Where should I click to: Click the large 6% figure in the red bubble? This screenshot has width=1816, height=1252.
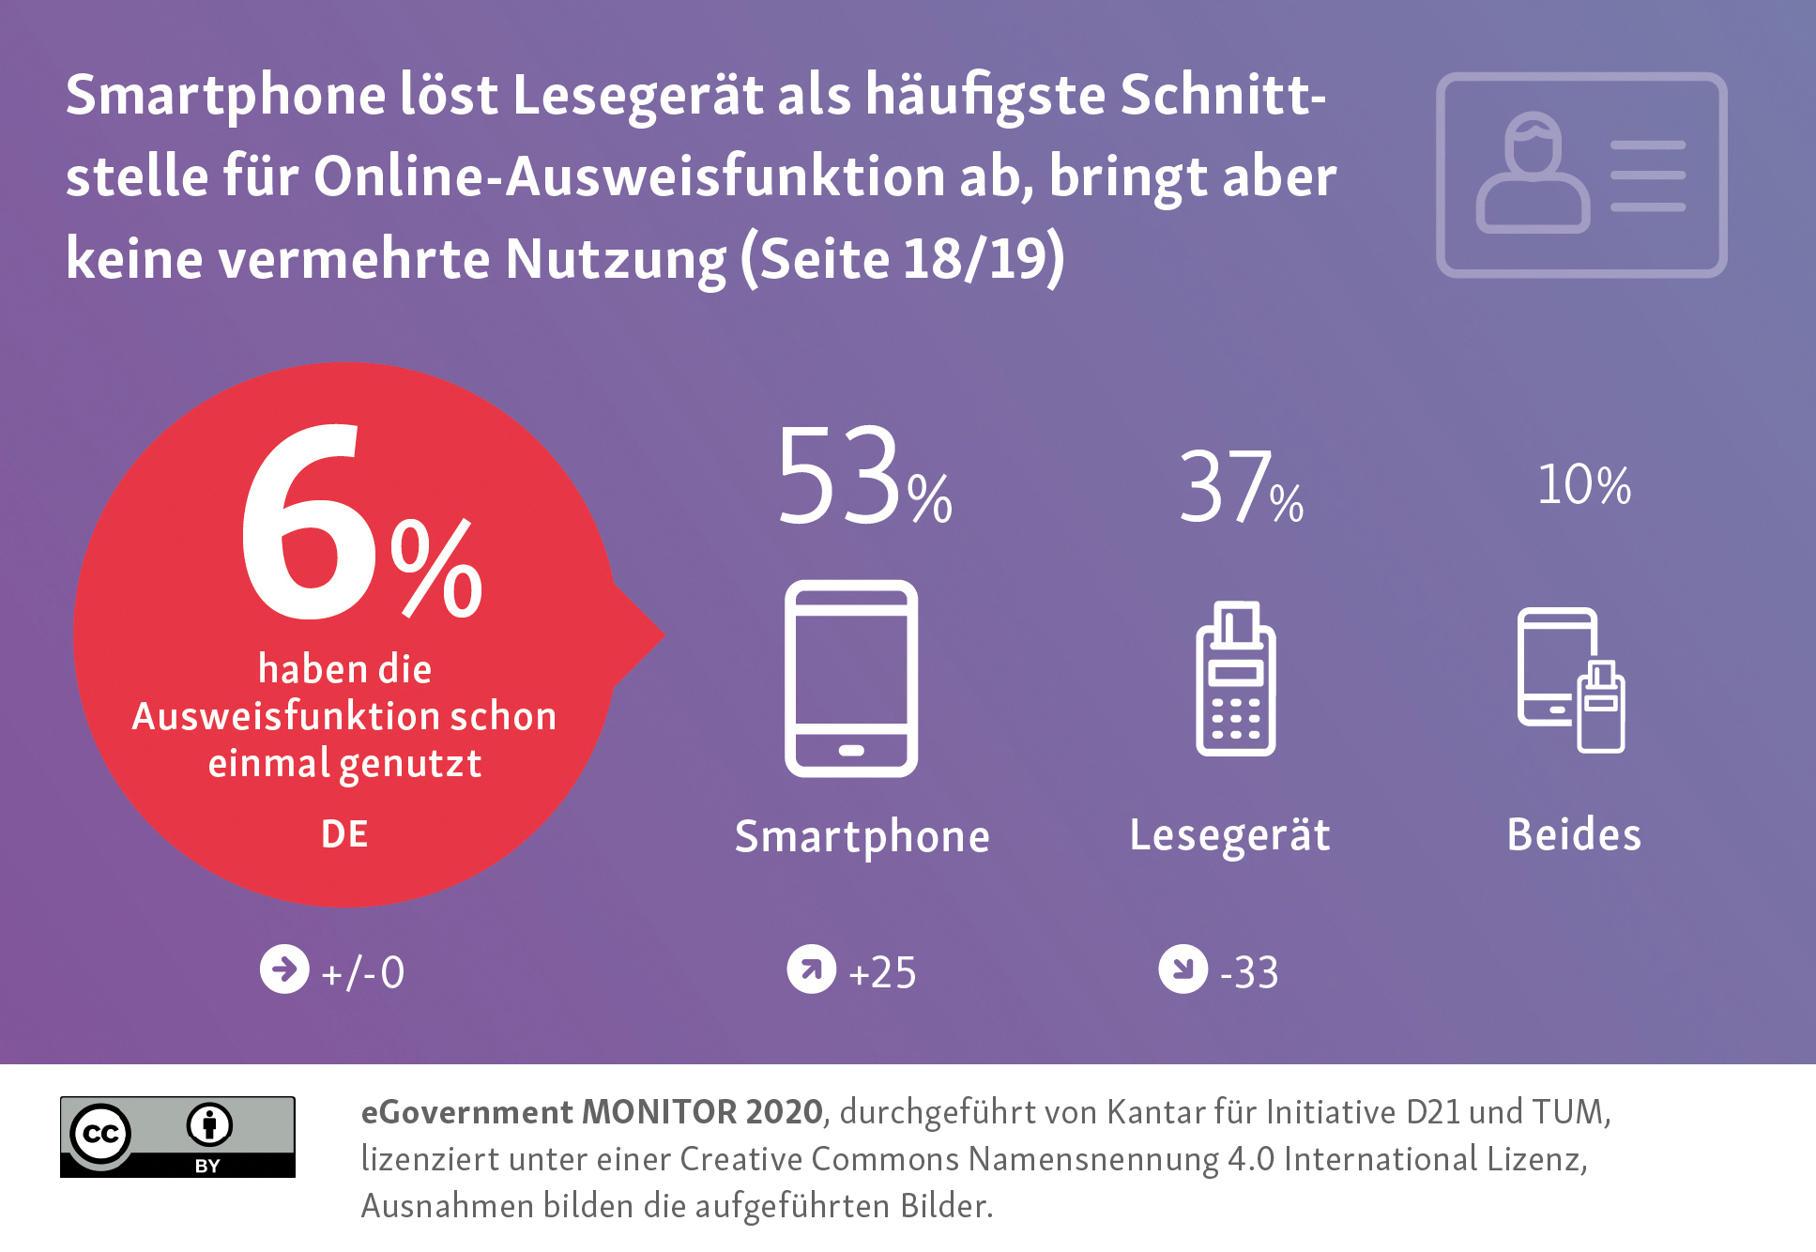pos(361,526)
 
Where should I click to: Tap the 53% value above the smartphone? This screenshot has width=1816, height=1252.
pos(863,477)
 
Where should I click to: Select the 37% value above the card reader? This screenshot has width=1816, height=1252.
pos(1239,488)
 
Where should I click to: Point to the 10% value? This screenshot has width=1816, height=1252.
pos(1583,485)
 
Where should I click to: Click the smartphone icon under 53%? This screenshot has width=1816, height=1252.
pos(851,679)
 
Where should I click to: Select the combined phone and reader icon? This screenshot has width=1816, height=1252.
pos(1571,680)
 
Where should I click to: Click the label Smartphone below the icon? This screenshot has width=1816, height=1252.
pos(862,836)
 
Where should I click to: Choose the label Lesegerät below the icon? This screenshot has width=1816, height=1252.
pos(1229,834)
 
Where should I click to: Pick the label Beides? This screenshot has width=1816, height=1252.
pos(1574,834)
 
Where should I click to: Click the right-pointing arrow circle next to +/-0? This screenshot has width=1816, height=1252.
pos(284,969)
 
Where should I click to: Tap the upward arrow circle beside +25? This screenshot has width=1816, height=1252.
pos(812,969)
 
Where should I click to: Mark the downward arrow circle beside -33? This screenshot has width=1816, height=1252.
pos(1183,969)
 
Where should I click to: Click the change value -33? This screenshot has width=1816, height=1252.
pos(1248,972)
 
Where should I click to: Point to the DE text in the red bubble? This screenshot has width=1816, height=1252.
pos(344,833)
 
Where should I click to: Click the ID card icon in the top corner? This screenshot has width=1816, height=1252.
pos(1581,176)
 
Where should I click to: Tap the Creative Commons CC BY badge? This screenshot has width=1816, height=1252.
pos(177,1136)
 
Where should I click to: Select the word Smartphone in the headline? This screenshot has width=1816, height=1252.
pos(225,97)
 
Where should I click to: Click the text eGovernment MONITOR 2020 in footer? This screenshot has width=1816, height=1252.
pos(591,1112)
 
